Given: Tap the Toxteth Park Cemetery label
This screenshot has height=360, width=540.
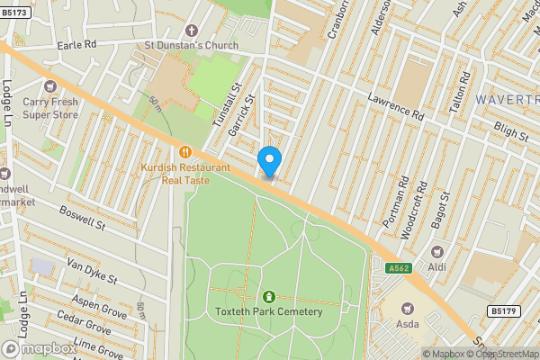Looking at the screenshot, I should (268, 311).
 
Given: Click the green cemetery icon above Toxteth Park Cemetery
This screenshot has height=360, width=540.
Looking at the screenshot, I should (268, 296).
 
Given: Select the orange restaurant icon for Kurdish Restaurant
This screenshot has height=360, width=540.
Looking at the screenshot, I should (185, 152).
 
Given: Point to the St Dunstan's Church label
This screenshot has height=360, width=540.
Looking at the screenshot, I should (192, 46).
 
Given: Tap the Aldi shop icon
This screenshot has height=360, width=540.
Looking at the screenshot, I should (437, 252).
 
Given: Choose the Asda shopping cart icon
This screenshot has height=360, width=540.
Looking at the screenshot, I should (408, 306).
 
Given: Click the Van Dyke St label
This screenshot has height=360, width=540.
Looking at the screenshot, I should (92, 269).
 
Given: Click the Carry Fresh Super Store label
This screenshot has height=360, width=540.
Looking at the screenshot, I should (50, 108).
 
